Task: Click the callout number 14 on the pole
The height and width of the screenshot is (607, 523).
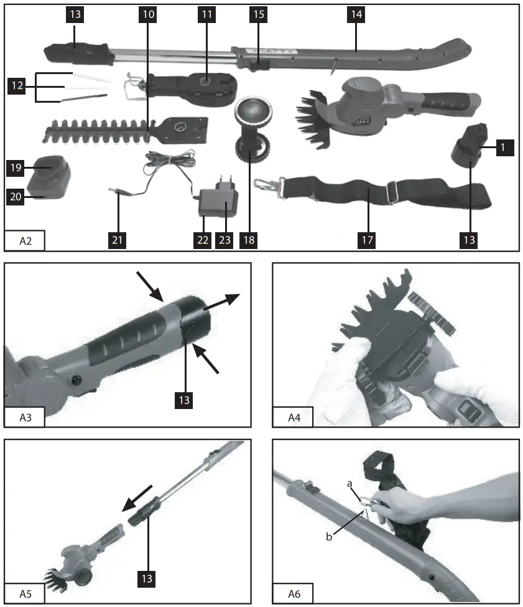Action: (x=355, y=14)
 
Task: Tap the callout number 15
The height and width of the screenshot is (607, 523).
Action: (x=257, y=14)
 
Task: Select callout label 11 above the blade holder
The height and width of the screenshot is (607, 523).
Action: (x=208, y=14)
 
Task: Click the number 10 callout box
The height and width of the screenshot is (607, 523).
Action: (x=147, y=14)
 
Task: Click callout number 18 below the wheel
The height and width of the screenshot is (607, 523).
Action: (x=250, y=239)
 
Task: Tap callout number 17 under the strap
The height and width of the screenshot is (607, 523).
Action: (x=368, y=239)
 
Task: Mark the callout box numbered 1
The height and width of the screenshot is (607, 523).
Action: (x=505, y=148)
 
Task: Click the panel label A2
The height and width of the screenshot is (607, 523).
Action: (x=24, y=240)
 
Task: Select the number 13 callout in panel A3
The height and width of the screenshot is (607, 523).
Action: (x=184, y=398)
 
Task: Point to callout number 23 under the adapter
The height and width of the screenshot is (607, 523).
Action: (x=224, y=239)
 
